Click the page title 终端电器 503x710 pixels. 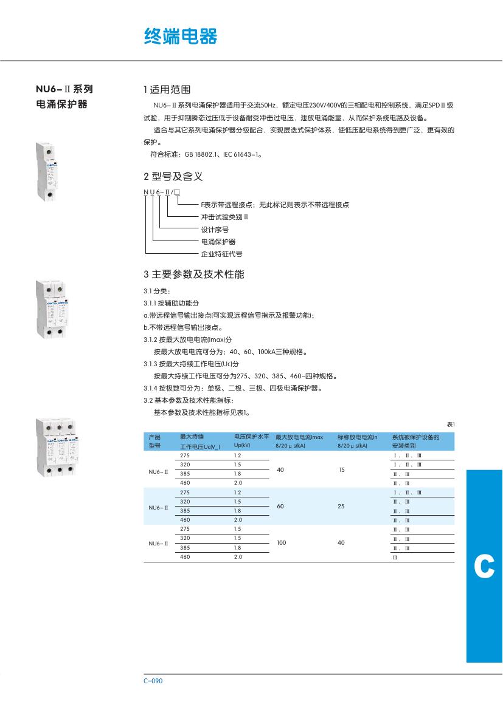(180, 36)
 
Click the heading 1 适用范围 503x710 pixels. (167, 89)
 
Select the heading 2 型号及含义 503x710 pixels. (173, 177)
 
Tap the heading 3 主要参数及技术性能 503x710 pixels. (193, 275)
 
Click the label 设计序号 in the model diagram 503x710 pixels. (215, 230)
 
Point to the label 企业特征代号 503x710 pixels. (221, 254)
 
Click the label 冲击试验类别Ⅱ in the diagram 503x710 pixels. (225, 217)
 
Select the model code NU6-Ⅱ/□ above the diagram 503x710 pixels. (161, 192)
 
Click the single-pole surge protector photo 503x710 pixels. (46, 170)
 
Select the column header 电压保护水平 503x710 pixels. (252, 437)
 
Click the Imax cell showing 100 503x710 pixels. (281, 543)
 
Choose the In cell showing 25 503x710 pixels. (341, 506)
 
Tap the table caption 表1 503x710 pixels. (450, 425)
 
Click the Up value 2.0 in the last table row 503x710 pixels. (238, 556)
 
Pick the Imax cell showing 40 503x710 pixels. (280, 469)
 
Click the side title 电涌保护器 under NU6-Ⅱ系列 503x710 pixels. (62, 104)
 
